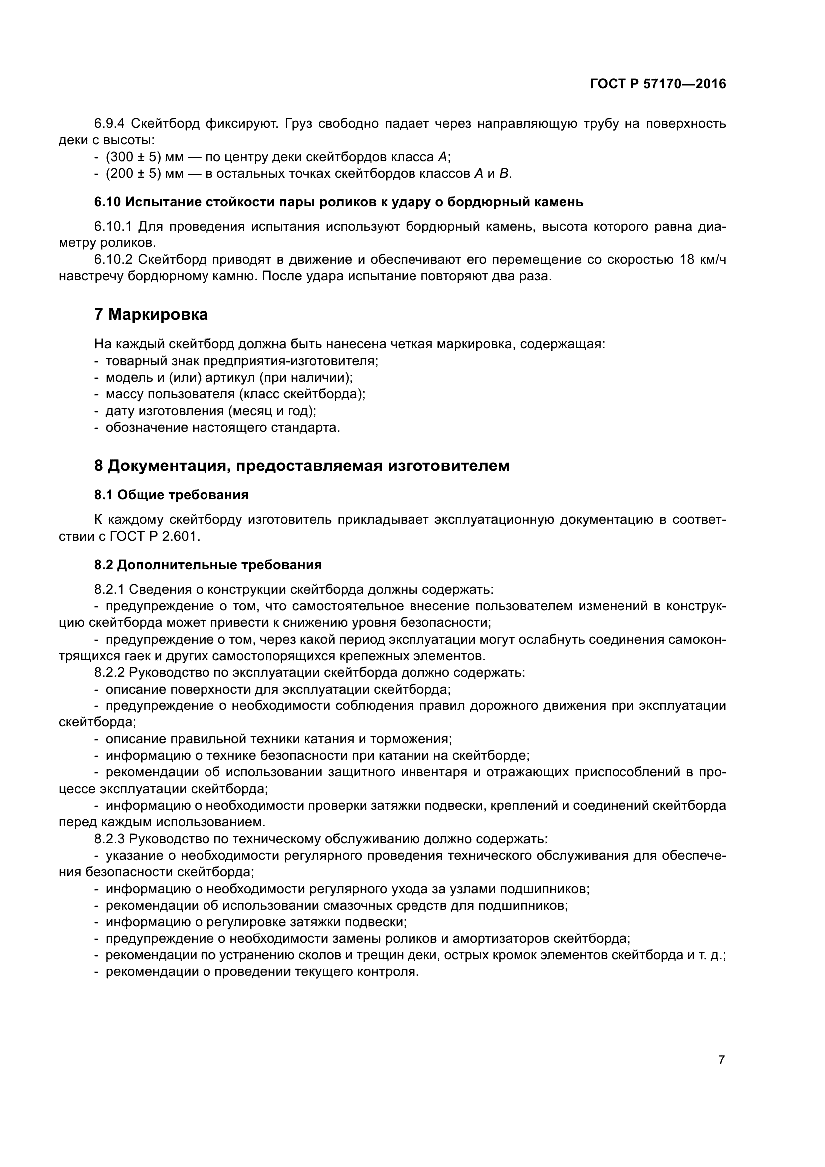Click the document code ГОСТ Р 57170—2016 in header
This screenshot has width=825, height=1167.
(657, 84)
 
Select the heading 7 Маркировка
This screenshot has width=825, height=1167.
(151, 315)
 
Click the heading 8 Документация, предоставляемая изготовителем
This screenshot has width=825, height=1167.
(301, 465)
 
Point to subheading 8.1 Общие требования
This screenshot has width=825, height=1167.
(171, 495)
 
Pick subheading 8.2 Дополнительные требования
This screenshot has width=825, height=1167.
(208, 565)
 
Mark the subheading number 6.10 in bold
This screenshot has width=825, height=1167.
(107, 202)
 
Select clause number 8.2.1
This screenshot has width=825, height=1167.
(109, 589)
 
